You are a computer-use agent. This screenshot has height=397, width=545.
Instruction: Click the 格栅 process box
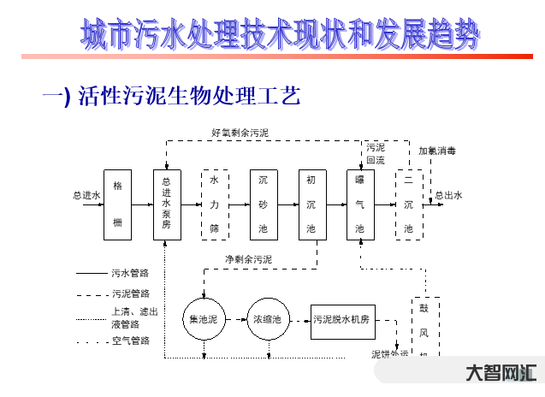(x=117, y=204)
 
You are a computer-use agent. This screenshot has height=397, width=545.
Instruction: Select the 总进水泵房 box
(x=167, y=204)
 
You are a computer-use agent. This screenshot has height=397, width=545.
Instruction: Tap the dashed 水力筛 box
(x=215, y=204)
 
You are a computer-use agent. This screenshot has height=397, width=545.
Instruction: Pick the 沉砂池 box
(x=263, y=204)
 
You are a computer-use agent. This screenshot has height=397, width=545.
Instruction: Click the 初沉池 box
(x=311, y=204)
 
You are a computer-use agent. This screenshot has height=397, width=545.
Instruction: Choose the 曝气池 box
(x=359, y=204)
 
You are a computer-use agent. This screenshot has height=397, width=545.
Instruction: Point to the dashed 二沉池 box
(x=408, y=204)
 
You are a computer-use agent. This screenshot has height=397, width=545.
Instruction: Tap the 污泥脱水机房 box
(x=341, y=319)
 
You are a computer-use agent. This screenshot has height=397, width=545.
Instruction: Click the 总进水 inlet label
(x=86, y=195)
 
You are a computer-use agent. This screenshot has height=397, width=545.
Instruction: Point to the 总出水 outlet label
(x=448, y=195)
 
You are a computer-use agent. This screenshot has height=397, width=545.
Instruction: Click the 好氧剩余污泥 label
(x=240, y=133)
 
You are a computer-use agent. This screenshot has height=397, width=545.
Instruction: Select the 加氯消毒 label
(x=437, y=151)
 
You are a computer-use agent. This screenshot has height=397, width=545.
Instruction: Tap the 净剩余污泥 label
(x=248, y=258)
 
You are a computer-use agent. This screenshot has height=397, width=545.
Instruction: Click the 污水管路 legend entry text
(x=131, y=274)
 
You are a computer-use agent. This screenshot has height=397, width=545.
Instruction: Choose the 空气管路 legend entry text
(x=131, y=341)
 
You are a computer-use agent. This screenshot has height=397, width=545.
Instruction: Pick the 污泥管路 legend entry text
(x=131, y=293)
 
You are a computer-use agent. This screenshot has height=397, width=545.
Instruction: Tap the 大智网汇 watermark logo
(x=501, y=373)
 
